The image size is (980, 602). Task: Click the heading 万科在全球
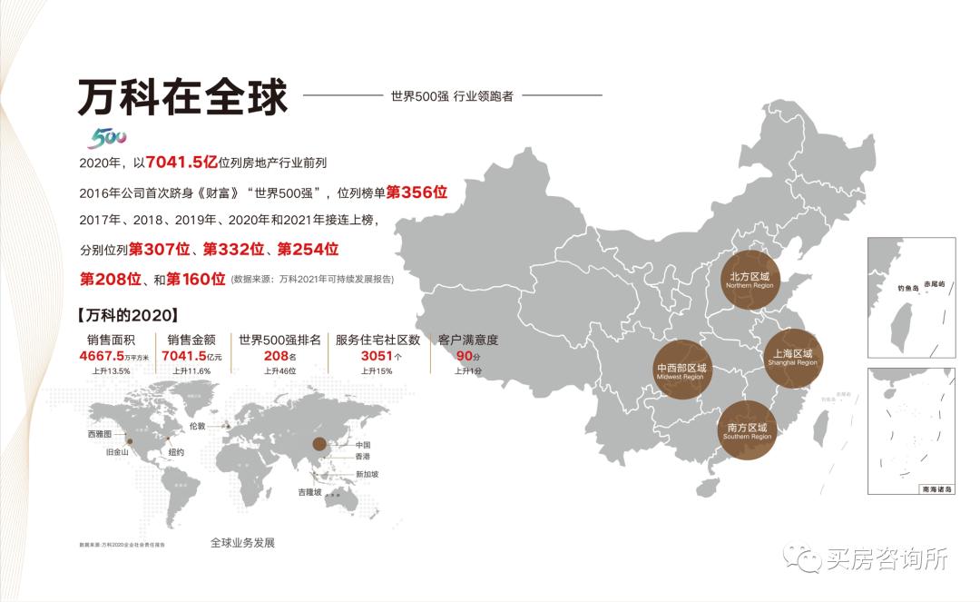[x=181, y=97]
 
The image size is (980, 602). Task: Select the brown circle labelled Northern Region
[x=749, y=279]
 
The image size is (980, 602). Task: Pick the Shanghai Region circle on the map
[x=792, y=357]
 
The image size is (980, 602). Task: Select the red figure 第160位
[x=195, y=279]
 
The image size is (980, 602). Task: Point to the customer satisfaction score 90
[x=464, y=356]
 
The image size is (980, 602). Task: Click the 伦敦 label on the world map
[x=198, y=425]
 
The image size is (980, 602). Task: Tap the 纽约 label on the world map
[x=176, y=451]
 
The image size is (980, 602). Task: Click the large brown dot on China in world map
[x=318, y=444]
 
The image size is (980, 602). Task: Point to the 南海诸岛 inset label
[x=936, y=489]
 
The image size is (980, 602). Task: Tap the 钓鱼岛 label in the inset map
[x=908, y=287]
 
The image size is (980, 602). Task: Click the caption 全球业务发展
[x=242, y=542]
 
